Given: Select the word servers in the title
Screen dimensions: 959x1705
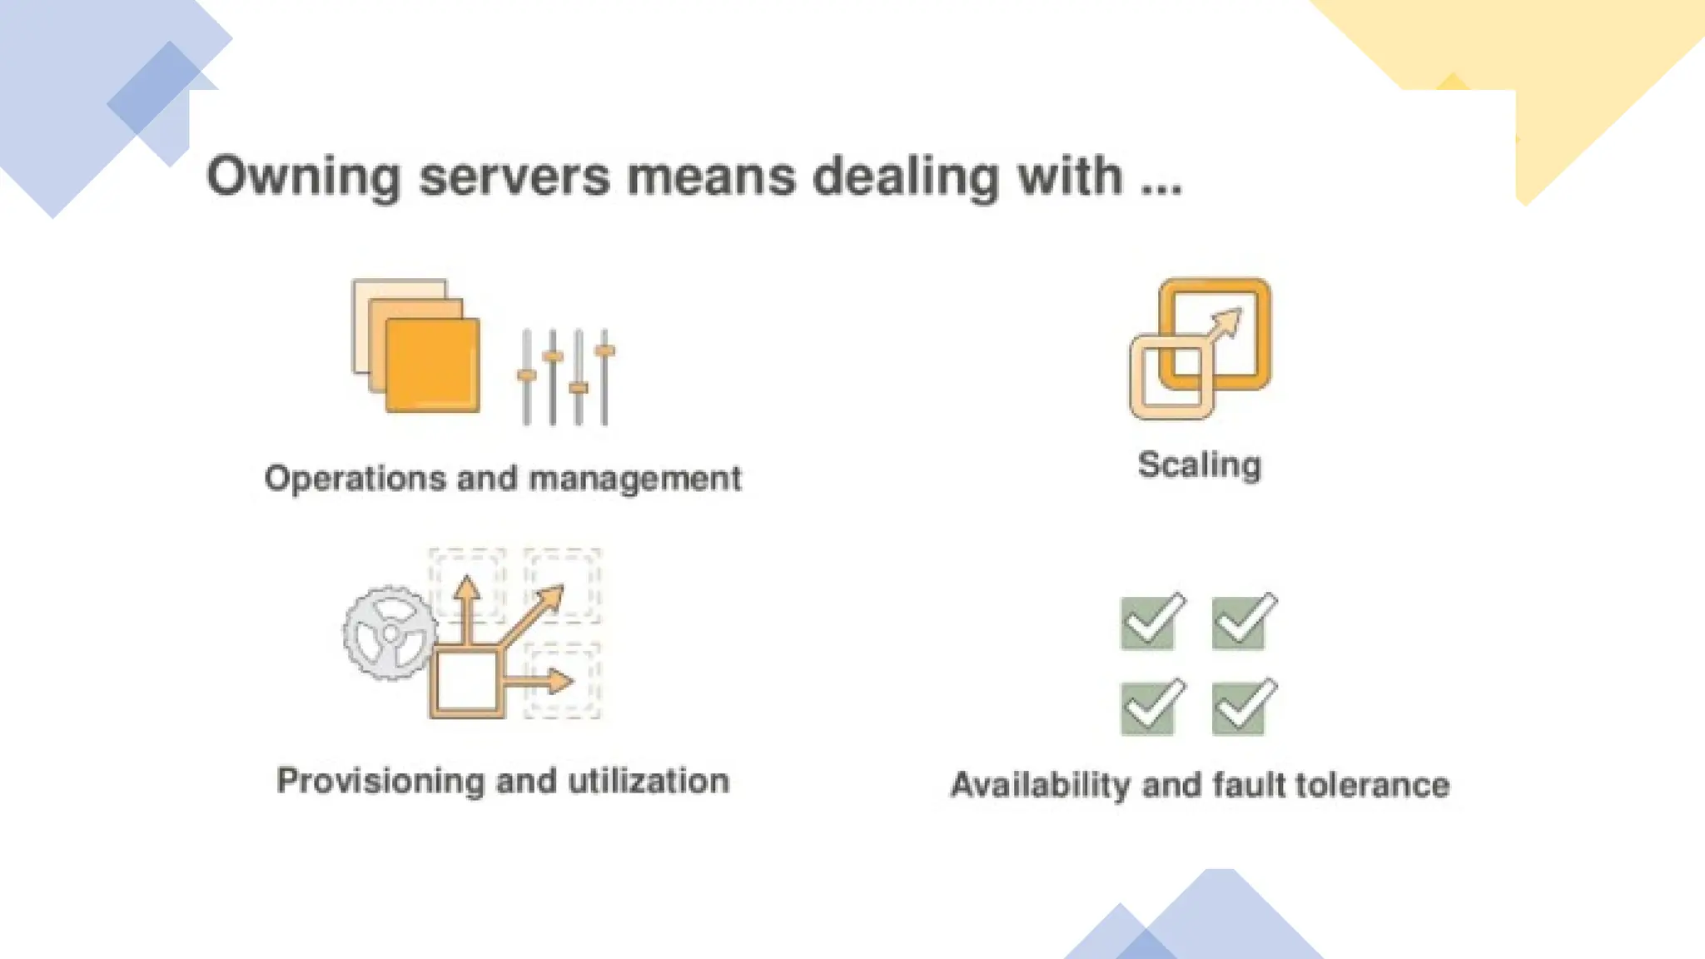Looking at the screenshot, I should click(x=514, y=177).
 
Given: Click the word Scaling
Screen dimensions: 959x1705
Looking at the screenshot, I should click(x=1200, y=465).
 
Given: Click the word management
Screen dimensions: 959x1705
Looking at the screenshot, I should click(x=634, y=479).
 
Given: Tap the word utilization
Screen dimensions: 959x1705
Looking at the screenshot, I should click(x=649, y=782).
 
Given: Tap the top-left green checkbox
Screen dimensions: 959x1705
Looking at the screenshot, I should click(x=1150, y=622).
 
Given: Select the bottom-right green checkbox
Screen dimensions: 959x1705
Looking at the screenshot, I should click(x=1240, y=708).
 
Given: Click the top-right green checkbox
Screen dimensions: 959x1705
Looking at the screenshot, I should click(x=1240, y=622).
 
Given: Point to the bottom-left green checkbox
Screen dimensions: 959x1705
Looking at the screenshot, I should click(x=1150, y=708).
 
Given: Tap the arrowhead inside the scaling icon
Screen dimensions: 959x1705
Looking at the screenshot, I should click(x=1230, y=319).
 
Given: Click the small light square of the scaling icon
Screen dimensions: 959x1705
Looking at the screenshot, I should click(x=1171, y=377).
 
